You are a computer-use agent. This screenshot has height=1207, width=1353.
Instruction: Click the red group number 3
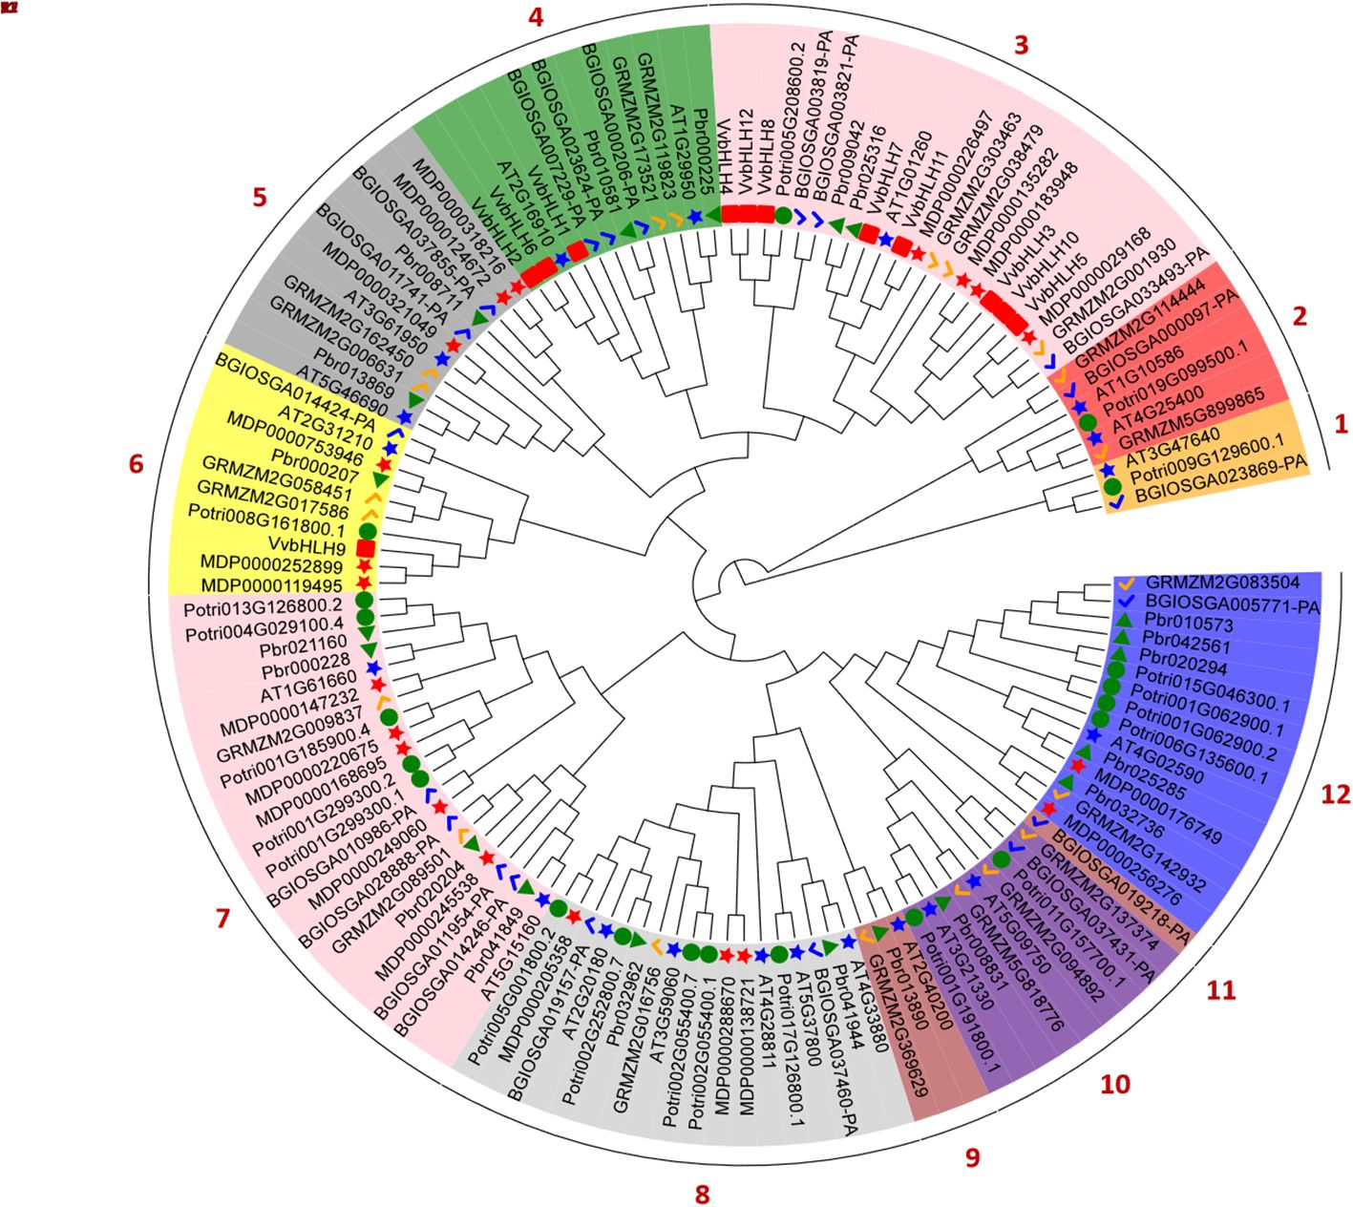[x=1021, y=45]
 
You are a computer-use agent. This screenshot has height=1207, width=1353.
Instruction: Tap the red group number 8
[x=703, y=1193]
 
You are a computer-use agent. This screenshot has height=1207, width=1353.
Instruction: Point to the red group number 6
[x=136, y=464]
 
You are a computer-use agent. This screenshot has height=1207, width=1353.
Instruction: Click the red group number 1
[x=1340, y=421]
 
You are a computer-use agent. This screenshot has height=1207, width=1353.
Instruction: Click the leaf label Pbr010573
[x=1181, y=625]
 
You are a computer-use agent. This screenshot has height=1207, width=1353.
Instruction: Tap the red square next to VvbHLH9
[x=364, y=548]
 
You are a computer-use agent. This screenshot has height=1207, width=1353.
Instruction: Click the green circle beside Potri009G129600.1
[x=1112, y=487]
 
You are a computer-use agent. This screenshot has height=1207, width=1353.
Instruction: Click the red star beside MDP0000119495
[x=363, y=582]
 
